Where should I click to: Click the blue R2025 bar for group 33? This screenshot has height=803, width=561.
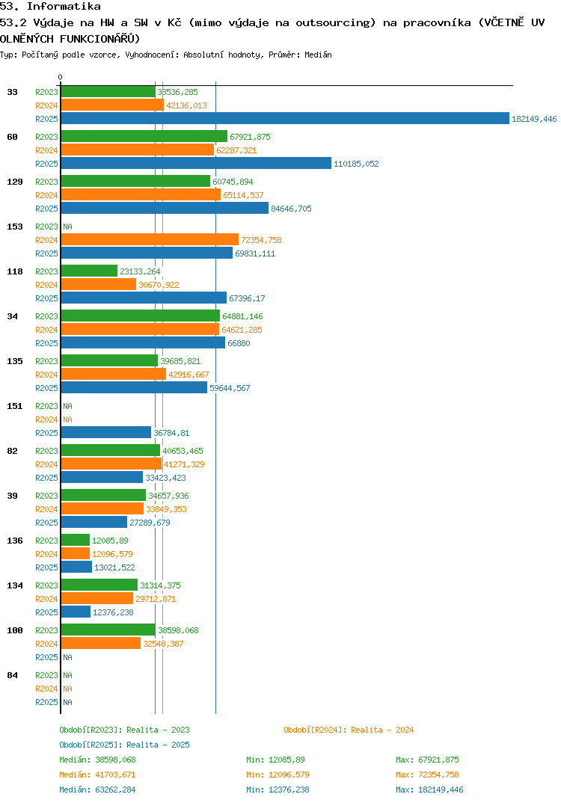pyautogui.click(x=284, y=119)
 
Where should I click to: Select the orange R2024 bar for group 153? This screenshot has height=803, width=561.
pyautogui.click(x=150, y=240)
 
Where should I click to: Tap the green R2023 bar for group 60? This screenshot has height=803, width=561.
pyautogui.click(x=144, y=137)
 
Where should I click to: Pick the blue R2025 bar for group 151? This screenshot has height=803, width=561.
pyautogui.click(x=105, y=433)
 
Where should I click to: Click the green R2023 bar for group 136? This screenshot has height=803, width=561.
pyautogui.click(x=75, y=541)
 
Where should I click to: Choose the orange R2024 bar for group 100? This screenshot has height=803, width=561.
pyautogui.click(x=100, y=644)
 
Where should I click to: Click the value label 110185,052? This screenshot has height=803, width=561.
pyautogui.click(x=356, y=164)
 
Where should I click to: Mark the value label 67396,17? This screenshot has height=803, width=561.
pyautogui.click(x=247, y=298)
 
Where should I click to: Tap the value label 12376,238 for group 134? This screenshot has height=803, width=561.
pyautogui.click(x=114, y=612)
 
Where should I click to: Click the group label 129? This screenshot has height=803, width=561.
pyautogui.click(x=15, y=182)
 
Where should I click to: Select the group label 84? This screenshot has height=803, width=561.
pyautogui.click(x=13, y=675)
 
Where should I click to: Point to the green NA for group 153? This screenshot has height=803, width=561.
pyautogui.click(x=67, y=227)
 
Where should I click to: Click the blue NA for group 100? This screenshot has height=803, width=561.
pyautogui.click(x=67, y=657)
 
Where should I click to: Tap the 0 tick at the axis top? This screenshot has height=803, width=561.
pyautogui.click(x=61, y=77)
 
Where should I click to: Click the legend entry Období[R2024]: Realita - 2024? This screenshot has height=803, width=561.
pyautogui.click(x=349, y=730)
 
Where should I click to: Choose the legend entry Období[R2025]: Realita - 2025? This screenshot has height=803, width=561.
pyautogui.click(x=124, y=745)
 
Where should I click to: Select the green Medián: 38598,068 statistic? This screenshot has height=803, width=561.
pyautogui.click(x=97, y=760)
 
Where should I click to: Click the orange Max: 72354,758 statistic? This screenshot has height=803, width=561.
pyautogui.click(x=427, y=775)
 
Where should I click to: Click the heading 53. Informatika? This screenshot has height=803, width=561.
pyautogui.click(x=50, y=6)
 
